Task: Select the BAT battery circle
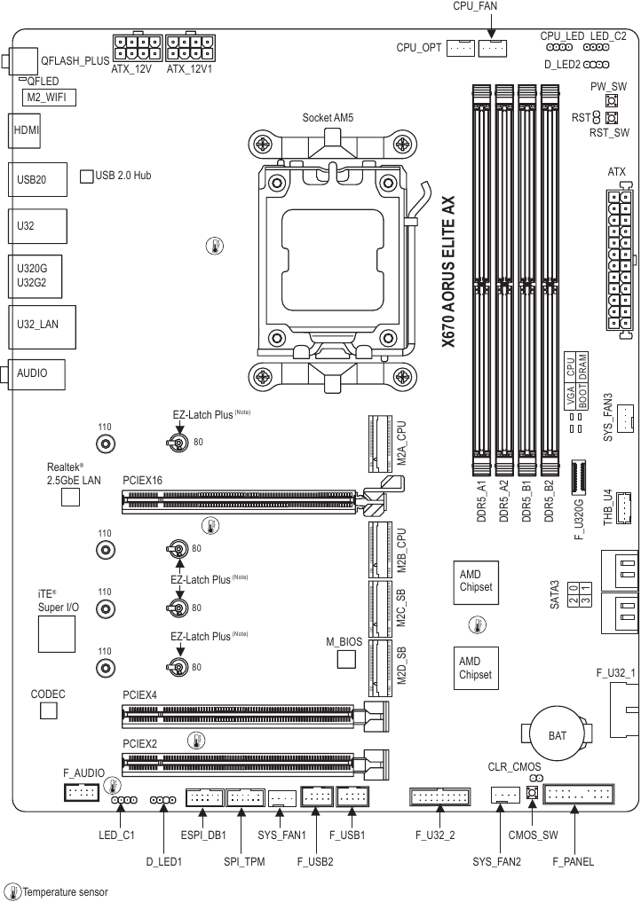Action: (x=557, y=735)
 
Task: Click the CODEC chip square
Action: (x=48, y=711)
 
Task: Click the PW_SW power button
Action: (x=611, y=102)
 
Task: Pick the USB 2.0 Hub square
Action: (x=87, y=176)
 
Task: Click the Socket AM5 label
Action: (x=328, y=117)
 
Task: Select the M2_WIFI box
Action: (x=49, y=98)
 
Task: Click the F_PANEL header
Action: (x=579, y=795)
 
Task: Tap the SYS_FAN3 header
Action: (x=626, y=415)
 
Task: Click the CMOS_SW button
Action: (x=533, y=794)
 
